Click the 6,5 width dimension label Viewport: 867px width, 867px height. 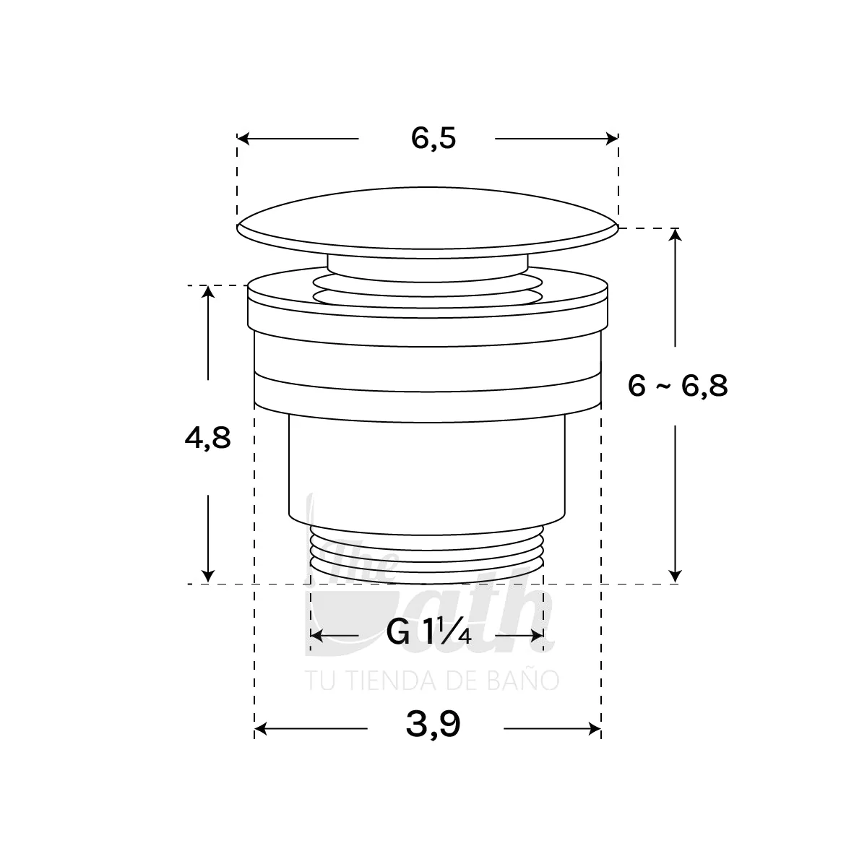433,139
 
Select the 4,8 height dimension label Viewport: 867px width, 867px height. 207,438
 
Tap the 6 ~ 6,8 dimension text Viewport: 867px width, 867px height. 678,386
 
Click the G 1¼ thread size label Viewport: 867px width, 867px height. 428,635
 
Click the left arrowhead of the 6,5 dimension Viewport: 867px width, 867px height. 243,139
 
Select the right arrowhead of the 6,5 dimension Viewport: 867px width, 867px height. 612,139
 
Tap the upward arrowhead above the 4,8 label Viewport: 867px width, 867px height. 208,292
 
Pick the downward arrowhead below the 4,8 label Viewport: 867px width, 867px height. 208,577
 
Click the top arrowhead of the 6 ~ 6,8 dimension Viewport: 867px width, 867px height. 675,235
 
